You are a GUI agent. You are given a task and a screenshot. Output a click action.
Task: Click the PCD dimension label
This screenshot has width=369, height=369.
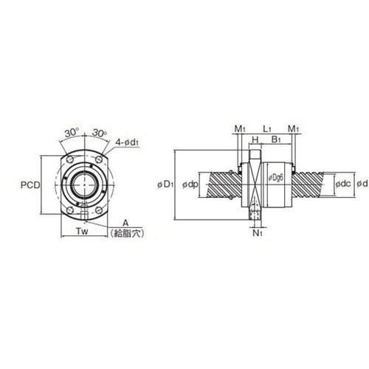click(x=30, y=185)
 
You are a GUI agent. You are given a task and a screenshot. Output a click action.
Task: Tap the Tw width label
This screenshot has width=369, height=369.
click(x=82, y=231)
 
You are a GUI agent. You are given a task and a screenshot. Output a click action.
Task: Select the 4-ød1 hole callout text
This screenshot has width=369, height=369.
click(x=127, y=142)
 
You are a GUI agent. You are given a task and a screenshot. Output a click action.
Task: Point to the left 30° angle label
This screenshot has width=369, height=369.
click(x=72, y=133)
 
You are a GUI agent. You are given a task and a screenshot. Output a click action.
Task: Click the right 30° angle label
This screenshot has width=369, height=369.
click(x=100, y=133)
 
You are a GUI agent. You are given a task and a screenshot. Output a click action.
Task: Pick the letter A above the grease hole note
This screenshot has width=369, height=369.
click(x=125, y=223)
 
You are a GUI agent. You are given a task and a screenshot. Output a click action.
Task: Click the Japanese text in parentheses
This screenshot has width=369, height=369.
click(x=127, y=233)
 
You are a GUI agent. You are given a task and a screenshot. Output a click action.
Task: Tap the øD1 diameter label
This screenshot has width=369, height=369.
click(x=165, y=184)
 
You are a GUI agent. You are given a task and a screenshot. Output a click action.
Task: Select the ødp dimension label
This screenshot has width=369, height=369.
click(x=190, y=184)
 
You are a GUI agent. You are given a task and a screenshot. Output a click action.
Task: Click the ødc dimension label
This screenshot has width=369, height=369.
click(x=343, y=184)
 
